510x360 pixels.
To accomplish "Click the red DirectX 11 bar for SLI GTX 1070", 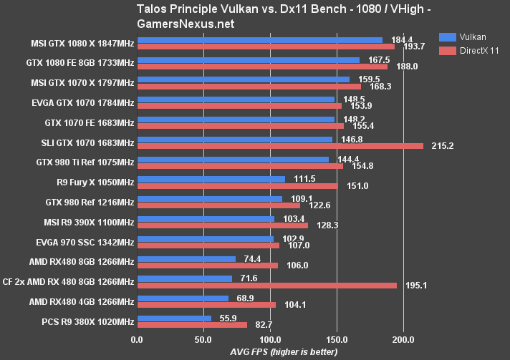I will pyautogui.click(x=279, y=146).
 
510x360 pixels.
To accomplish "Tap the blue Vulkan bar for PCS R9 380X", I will pyautogui.click(x=174, y=318).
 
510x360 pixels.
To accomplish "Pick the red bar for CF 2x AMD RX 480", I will pyautogui.click(x=266, y=285).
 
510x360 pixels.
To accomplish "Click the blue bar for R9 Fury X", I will pyautogui.click(x=211, y=179).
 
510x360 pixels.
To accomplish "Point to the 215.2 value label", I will pyautogui.click(x=443, y=146).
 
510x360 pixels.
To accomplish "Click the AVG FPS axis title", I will pyautogui.click(x=284, y=351).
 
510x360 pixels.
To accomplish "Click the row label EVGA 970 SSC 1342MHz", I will pyautogui.click(x=89, y=242).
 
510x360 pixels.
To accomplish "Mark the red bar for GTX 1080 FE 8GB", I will pyautogui.click(x=261, y=67).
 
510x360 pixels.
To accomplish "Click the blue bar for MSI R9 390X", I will pyautogui.click(x=205, y=219).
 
